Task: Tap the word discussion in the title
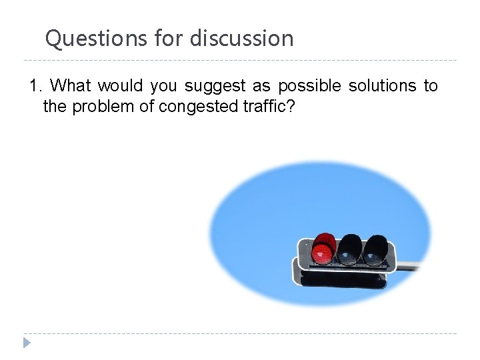tap(241, 39)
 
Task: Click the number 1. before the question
tap(36, 86)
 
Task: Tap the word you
tap(163, 87)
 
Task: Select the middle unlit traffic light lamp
tap(349, 249)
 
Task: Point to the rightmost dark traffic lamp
tap(375, 249)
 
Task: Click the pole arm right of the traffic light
tap(409, 265)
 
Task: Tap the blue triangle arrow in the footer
tap(27, 343)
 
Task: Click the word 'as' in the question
tap(261, 87)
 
